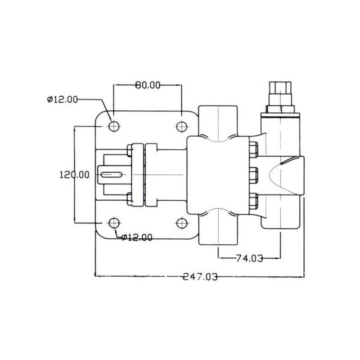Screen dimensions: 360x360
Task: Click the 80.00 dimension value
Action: (x=148, y=85)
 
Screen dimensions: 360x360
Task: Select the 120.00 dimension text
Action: (x=74, y=175)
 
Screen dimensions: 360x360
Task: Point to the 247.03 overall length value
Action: (x=200, y=277)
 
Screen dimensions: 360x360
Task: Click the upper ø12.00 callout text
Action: (x=63, y=99)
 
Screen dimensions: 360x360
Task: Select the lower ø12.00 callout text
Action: (x=137, y=238)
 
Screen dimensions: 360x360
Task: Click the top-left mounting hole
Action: (x=114, y=126)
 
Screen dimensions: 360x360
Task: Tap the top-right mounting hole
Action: (x=182, y=126)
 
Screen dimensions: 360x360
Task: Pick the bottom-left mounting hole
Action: (x=114, y=223)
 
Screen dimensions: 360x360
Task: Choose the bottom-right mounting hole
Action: (x=182, y=223)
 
